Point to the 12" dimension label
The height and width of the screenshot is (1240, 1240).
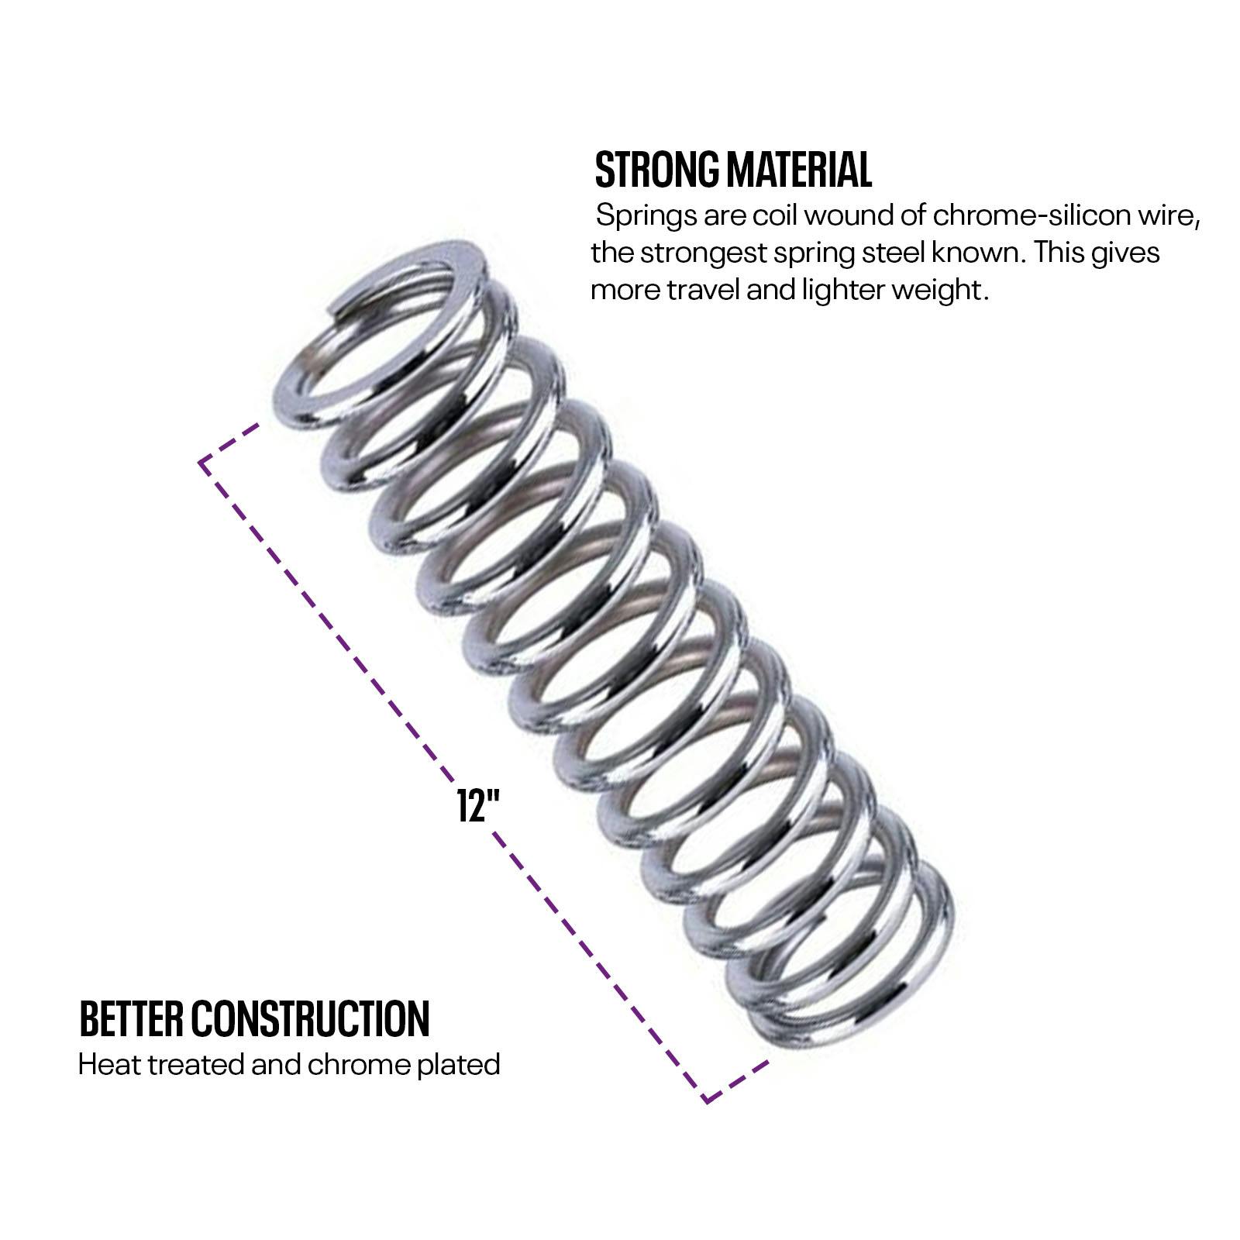tap(476, 806)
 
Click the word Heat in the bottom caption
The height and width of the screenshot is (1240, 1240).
tap(109, 1065)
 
